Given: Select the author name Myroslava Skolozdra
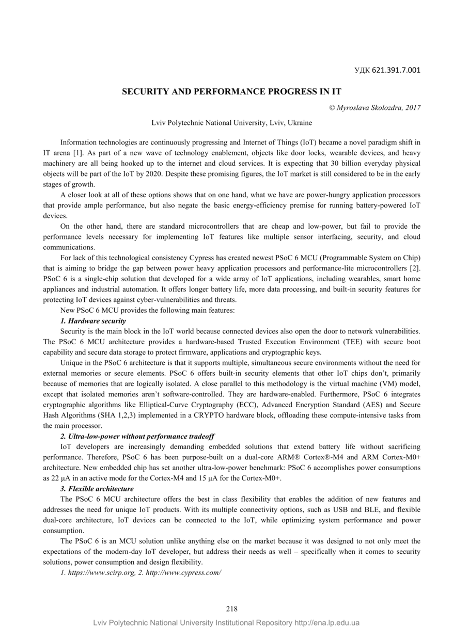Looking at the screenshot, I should (369, 107).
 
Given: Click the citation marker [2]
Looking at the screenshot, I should (415, 269).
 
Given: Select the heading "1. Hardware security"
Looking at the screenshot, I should (93, 321).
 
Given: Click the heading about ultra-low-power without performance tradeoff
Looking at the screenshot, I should (137, 436).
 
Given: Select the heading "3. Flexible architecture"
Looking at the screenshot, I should (97, 488).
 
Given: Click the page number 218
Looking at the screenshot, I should (231, 609).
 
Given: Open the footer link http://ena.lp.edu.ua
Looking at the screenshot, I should (327, 623).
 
